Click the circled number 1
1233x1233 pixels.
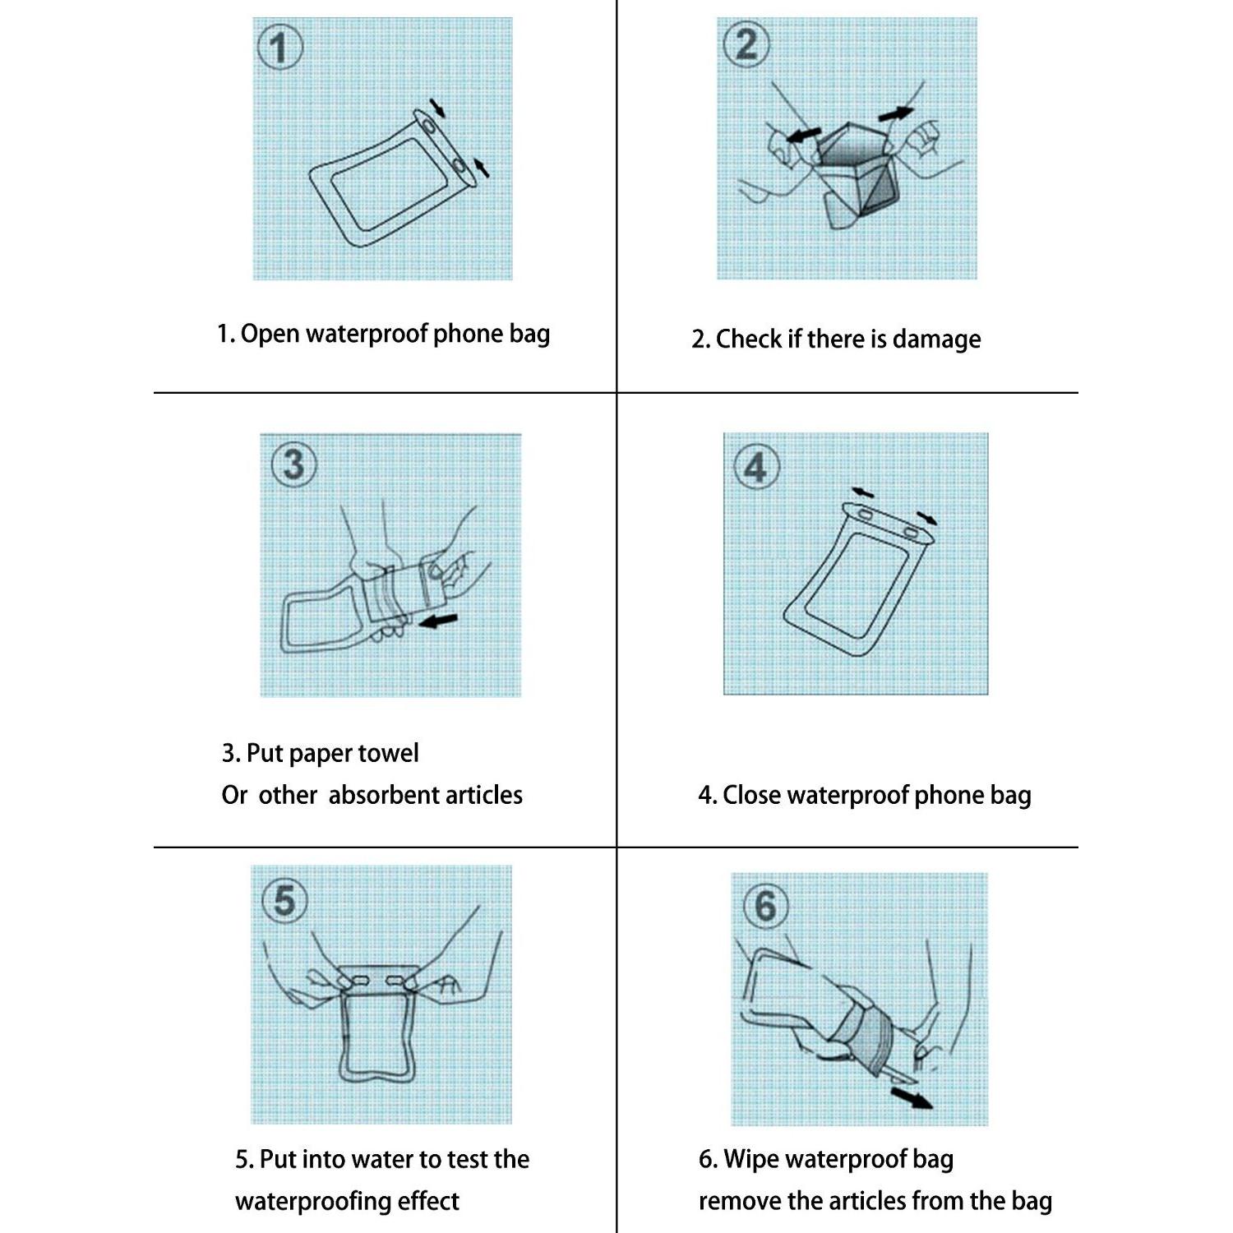280,48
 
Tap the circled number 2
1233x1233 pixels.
746,44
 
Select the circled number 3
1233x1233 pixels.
293,465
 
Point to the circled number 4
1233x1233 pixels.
755,468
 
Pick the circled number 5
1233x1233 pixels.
284,901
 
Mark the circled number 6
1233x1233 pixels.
765,907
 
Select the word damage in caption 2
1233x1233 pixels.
936,339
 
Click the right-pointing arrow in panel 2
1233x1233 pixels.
895,113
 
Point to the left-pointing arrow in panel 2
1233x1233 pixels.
803,134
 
